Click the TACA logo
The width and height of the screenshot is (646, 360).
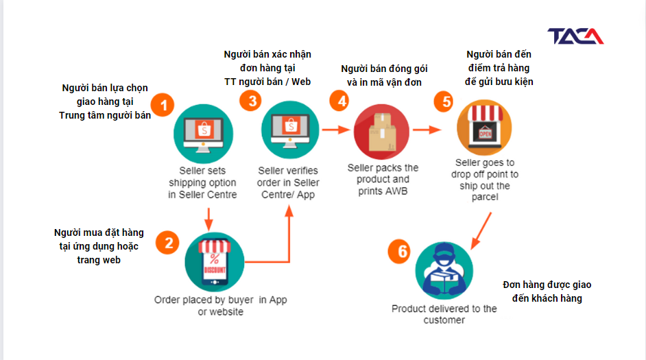[575, 36]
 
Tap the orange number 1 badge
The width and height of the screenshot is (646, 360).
[163, 105]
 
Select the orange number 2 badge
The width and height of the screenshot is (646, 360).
[168, 243]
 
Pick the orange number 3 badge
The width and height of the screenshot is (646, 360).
[250, 101]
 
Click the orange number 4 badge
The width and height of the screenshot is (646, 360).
[340, 101]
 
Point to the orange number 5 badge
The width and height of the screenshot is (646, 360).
[445, 101]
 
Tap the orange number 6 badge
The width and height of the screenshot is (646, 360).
[400, 251]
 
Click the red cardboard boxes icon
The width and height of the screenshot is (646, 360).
[381, 132]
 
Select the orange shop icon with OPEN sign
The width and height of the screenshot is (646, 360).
[484, 128]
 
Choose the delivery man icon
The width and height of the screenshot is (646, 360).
[444, 270]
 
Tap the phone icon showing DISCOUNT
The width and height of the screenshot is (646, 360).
[215, 262]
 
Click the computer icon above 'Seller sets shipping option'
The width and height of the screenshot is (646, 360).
[204, 134]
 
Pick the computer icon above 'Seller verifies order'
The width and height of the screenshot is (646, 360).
[291, 130]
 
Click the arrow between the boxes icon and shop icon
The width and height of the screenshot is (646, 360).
[427, 130]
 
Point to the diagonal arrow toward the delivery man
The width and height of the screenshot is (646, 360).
[481, 231]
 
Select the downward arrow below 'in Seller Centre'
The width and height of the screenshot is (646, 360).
[208, 219]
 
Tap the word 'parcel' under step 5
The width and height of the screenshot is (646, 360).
[485, 197]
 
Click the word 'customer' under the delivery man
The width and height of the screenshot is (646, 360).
[444, 320]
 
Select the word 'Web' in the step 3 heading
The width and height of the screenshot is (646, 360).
[301, 82]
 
